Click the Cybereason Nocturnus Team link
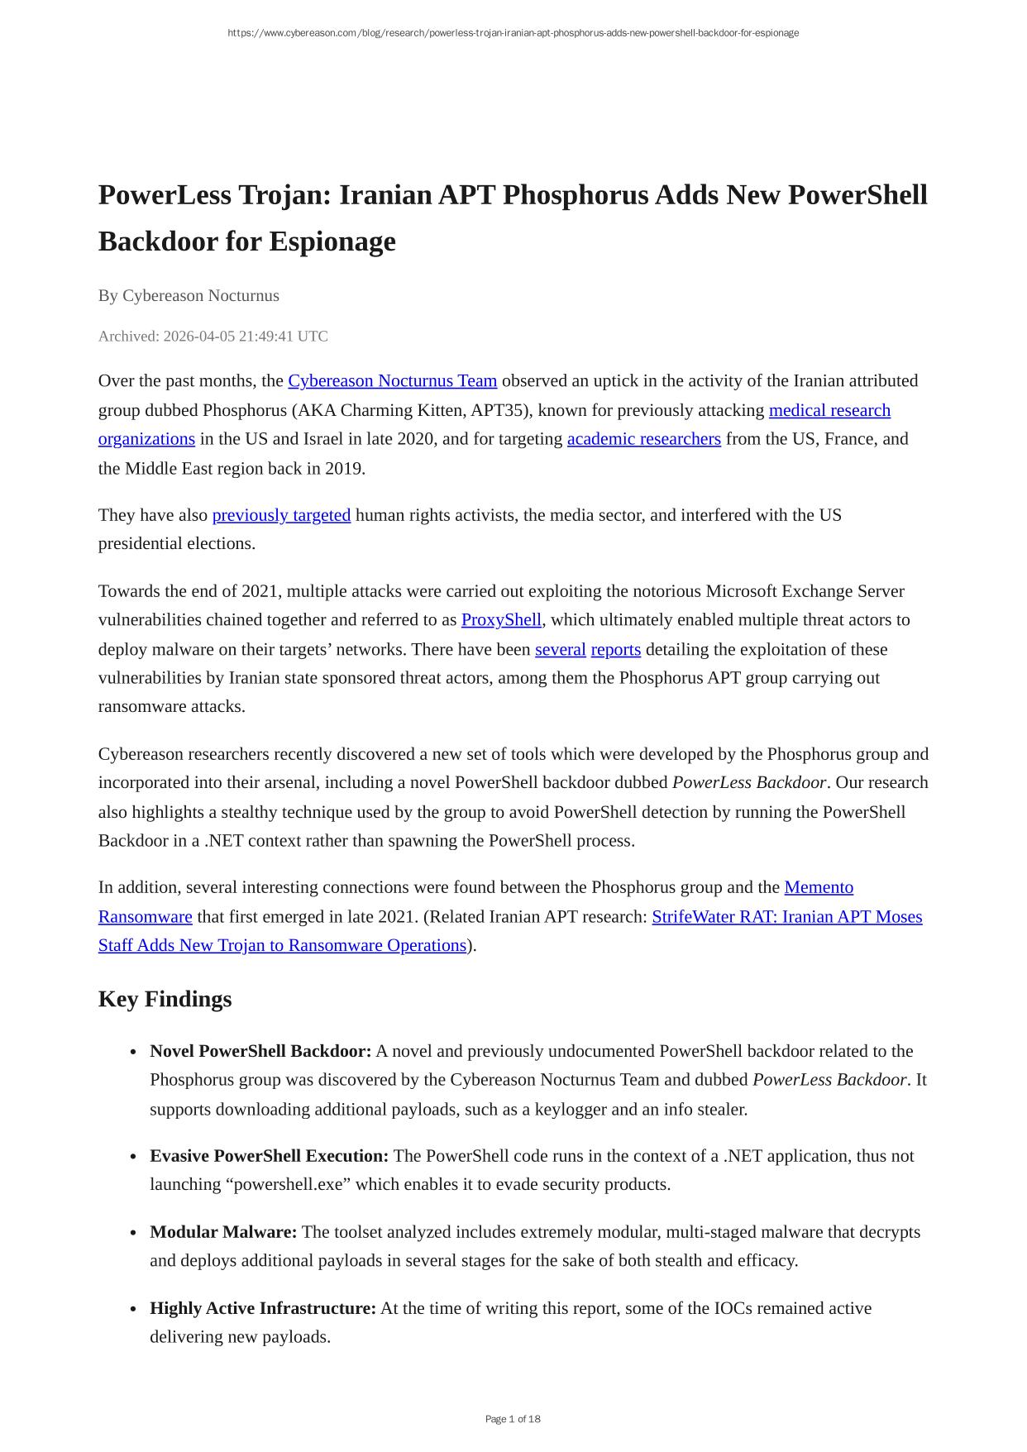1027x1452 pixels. coord(392,381)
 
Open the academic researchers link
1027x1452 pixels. coord(643,439)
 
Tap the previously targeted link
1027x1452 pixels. coord(281,515)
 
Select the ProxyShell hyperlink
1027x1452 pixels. coord(501,620)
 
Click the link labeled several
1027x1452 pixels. coord(560,650)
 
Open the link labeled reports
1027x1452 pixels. coord(615,650)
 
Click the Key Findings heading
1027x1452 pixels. coord(165,999)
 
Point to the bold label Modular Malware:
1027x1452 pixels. coord(223,1232)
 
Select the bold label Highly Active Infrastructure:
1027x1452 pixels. coord(263,1308)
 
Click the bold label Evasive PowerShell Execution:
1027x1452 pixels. coord(269,1156)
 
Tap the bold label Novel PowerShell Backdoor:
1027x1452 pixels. coord(260,1052)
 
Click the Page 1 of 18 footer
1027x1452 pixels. coord(513,1419)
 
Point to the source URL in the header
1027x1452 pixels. coord(513,33)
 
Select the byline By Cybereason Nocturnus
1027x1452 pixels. coord(189,296)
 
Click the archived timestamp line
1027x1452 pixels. coord(213,337)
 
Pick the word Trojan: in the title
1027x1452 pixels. coord(284,195)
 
